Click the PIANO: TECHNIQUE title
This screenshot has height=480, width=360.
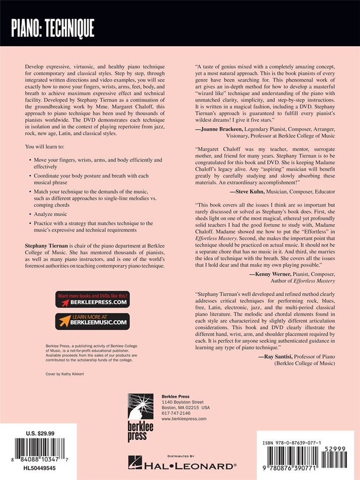[x=53, y=29]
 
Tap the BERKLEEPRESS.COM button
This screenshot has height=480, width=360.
[x=92, y=299]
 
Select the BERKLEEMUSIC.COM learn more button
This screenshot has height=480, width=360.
[x=92, y=321]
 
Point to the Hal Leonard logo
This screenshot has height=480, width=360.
[x=182, y=465]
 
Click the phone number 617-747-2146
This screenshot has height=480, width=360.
[x=176, y=413]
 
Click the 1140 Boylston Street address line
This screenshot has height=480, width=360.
[x=182, y=402]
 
